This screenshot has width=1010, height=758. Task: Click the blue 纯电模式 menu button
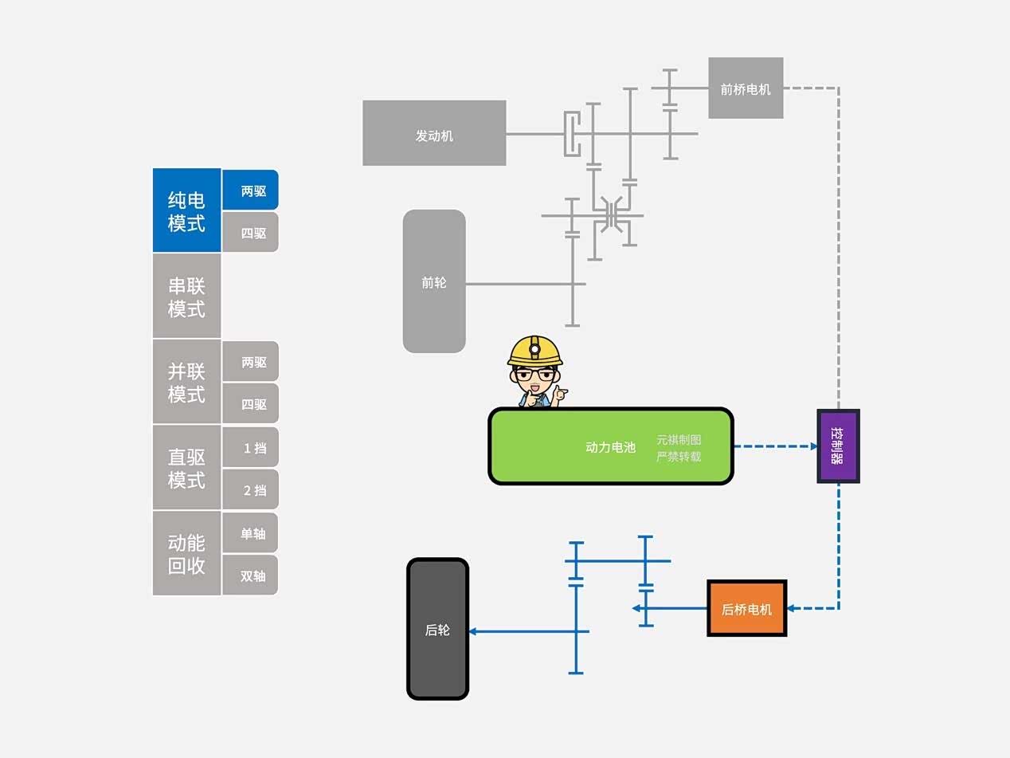tap(186, 210)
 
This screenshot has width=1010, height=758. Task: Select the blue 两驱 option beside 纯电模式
tap(250, 190)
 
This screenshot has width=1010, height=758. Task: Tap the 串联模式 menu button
tap(186, 297)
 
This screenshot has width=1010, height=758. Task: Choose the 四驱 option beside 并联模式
tap(250, 403)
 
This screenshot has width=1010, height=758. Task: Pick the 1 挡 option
tap(250, 447)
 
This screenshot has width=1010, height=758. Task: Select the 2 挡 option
tap(250, 489)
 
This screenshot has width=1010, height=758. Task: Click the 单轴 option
tap(250, 533)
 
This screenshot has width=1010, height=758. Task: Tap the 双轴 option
tap(250, 575)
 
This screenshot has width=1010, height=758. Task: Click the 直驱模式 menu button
tap(186, 468)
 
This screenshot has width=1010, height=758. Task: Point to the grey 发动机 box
tap(434, 133)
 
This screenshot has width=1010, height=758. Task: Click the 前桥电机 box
tap(746, 88)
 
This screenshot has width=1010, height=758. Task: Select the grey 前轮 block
tap(434, 281)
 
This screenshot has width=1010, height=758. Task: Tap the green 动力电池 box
tap(610, 446)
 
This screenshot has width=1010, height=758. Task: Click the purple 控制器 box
tap(838, 446)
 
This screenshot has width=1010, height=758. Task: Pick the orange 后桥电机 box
tap(746, 609)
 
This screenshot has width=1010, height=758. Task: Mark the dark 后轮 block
tap(437, 630)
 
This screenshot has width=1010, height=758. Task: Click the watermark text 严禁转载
tap(679, 457)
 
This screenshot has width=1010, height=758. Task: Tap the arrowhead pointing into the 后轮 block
tap(473, 631)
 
